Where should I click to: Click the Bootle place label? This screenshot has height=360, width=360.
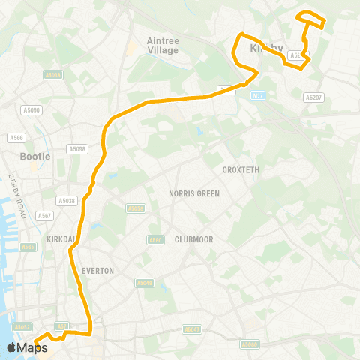34,157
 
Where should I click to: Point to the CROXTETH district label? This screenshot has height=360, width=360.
241,170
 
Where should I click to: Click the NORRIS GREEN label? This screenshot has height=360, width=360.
193,193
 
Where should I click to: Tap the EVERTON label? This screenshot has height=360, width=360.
98,270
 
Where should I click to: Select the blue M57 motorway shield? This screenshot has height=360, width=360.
259,95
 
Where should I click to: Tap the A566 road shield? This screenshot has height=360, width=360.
16,137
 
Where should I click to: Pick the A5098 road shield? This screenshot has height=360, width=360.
77,149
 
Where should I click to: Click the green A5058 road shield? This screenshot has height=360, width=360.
135,208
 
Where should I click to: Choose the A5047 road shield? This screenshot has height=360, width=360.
193,328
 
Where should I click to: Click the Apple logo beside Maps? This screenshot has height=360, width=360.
12,347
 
